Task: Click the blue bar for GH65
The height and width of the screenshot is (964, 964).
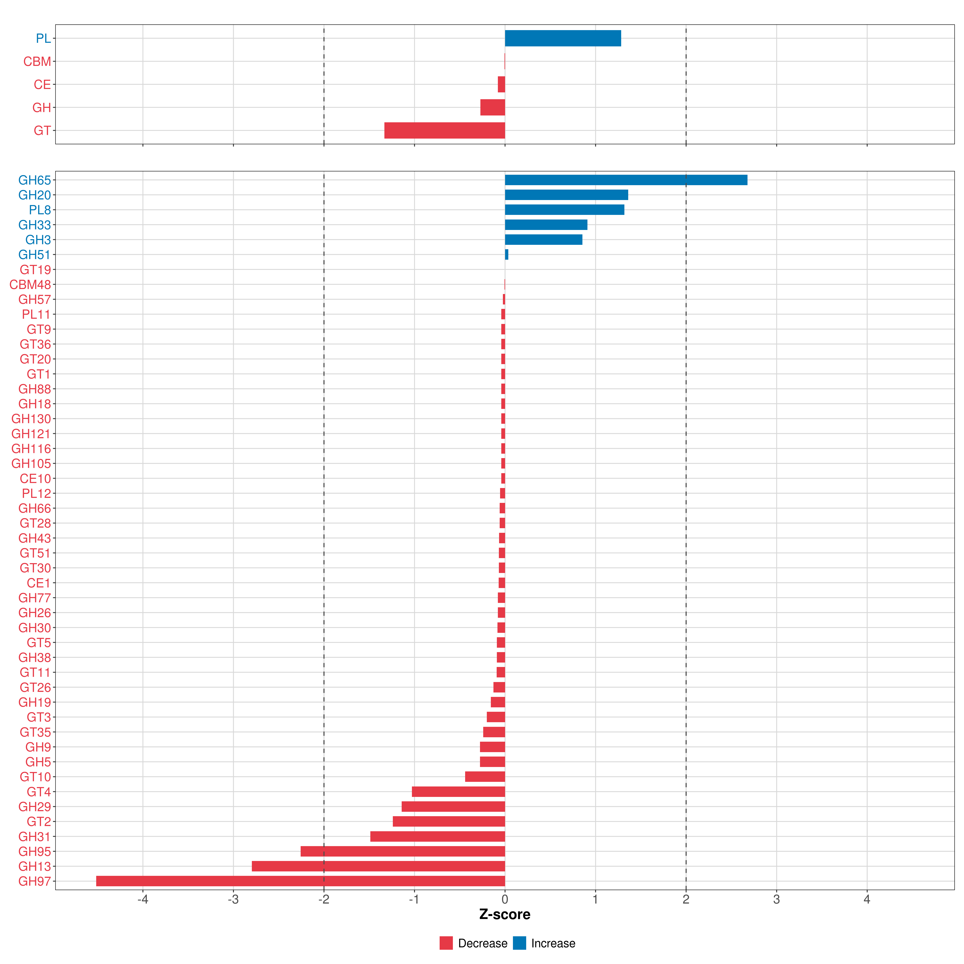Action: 626,180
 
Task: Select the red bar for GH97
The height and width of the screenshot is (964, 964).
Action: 300,881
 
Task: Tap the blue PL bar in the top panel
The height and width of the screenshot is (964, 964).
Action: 563,38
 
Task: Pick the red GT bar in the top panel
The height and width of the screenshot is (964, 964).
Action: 445,130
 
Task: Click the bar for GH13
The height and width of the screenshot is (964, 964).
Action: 378,866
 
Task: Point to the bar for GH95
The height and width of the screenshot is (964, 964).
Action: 403,851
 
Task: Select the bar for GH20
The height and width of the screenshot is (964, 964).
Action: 566,195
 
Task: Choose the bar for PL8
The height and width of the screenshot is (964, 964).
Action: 564,210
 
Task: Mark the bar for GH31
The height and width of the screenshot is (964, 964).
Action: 438,836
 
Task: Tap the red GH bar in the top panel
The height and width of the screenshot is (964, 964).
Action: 492,107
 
